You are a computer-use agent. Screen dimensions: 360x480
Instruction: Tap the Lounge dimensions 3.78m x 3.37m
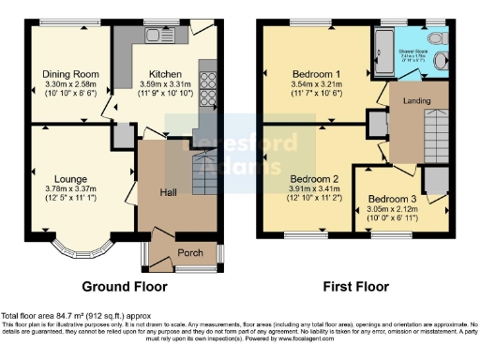(74, 186)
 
